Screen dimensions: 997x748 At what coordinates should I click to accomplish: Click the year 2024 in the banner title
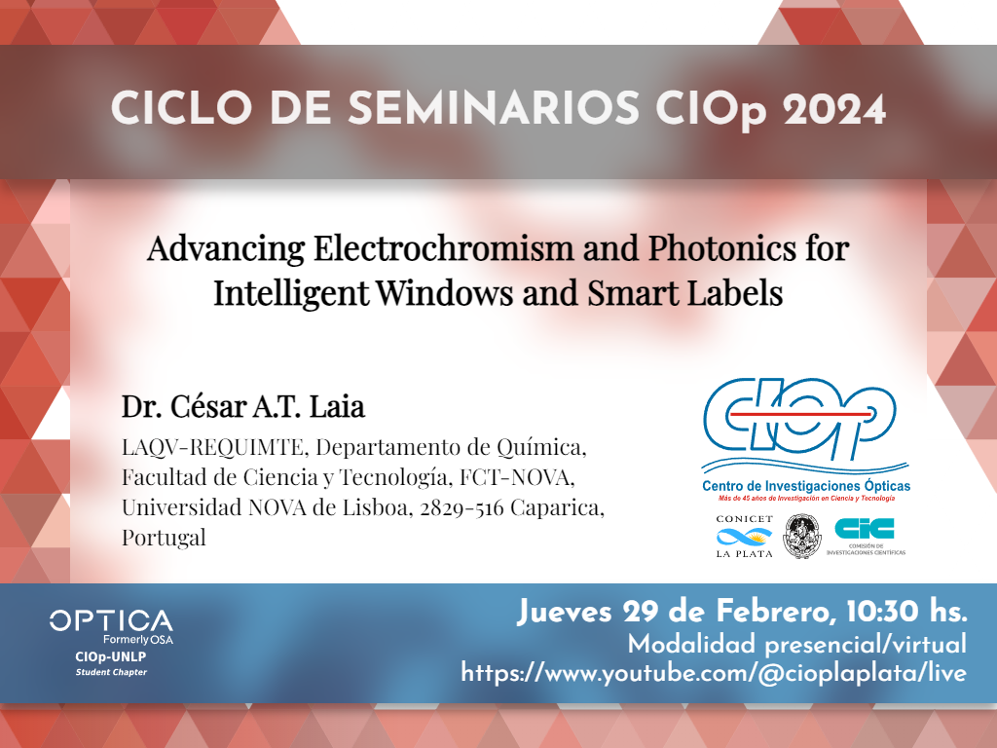click(x=834, y=109)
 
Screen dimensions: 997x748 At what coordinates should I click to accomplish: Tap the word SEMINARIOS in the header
click(x=494, y=108)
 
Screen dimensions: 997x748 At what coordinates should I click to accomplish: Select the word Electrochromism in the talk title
click(x=444, y=247)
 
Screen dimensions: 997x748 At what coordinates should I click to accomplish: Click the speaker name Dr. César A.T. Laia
click(x=243, y=406)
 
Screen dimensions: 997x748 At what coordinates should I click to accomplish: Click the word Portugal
click(x=164, y=538)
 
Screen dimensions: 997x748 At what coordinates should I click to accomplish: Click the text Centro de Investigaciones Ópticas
click(x=805, y=486)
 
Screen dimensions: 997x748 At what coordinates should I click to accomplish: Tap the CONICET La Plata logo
click(x=745, y=537)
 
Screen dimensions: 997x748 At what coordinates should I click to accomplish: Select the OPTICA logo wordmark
click(x=111, y=620)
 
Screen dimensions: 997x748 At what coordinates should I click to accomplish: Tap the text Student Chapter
click(x=111, y=672)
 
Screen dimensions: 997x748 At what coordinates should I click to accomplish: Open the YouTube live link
click(x=714, y=673)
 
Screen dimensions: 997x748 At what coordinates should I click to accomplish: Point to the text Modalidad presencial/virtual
click(x=797, y=645)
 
